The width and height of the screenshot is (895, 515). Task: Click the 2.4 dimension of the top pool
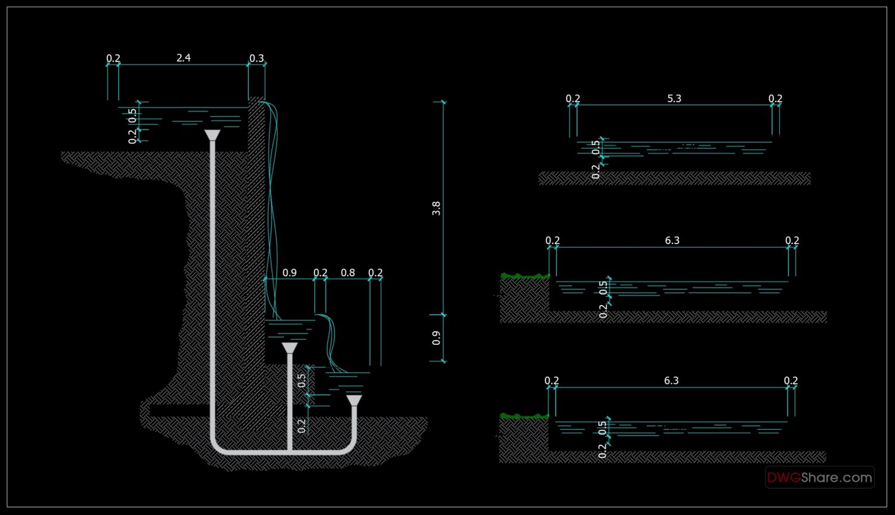(x=183, y=58)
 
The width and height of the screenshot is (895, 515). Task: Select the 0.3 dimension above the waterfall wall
(x=257, y=58)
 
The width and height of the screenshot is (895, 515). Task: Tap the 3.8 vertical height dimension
(x=436, y=208)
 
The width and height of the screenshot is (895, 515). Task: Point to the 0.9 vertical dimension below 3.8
(x=436, y=338)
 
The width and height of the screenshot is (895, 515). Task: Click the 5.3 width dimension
(x=674, y=98)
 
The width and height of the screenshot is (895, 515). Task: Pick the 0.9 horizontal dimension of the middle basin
(x=289, y=273)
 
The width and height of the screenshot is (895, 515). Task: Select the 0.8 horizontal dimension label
(x=348, y=273)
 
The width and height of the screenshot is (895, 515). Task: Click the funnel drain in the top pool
(x=212, y=135)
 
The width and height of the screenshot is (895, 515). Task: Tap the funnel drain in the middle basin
(x=289, y=348)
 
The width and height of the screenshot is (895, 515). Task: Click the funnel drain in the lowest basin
(x=354, y=400)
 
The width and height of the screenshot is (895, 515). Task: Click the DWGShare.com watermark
(x=819, y=477)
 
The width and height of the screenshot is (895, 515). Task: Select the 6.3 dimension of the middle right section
(x=672, y=240)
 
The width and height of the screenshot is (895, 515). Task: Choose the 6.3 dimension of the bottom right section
(x=671, y=381)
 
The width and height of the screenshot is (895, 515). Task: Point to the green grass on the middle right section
(x=524, y=276)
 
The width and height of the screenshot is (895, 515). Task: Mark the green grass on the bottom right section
(x=523, y=416)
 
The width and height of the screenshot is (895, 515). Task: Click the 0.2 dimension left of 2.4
(x=113, y=58)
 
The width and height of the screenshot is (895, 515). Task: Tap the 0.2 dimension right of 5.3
(x=775, y=98)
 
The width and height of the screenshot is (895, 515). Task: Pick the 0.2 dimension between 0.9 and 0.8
(x=320, y=273)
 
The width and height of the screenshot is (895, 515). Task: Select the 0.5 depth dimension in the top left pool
(x=132, y=113)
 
